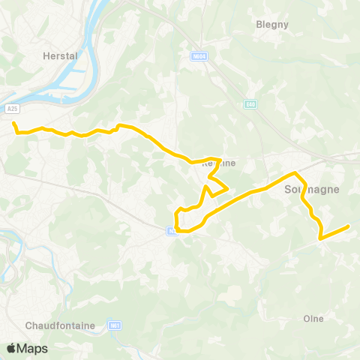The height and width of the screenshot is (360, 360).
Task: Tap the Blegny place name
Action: pyautogui.click(x=272, y=24)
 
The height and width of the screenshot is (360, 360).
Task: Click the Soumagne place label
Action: pyautogui.click(x=312, y=190)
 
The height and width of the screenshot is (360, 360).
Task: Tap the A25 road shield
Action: pyautogui.click(x=13, y=109)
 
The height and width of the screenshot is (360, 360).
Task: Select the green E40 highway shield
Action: pyautogui.click(x=249, y=103)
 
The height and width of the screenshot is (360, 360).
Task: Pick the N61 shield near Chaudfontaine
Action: pyautogui.click(x=115, y=325)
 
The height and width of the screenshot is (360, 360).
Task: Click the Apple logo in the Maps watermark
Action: pyautogui.click(x=11, y=348)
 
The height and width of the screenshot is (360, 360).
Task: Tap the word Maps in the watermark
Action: pyautogui.click(x=33, y=348)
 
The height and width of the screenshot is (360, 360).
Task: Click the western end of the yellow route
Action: pyautogui.click(x=14, y=123)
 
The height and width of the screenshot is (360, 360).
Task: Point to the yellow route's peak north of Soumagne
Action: pyautogui.click(x=296, y=173)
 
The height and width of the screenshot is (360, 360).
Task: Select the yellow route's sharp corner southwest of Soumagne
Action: pyautogui.click(x=320, y=238)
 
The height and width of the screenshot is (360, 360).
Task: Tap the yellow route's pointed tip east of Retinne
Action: pyautogui.click(x=227, y=187)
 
